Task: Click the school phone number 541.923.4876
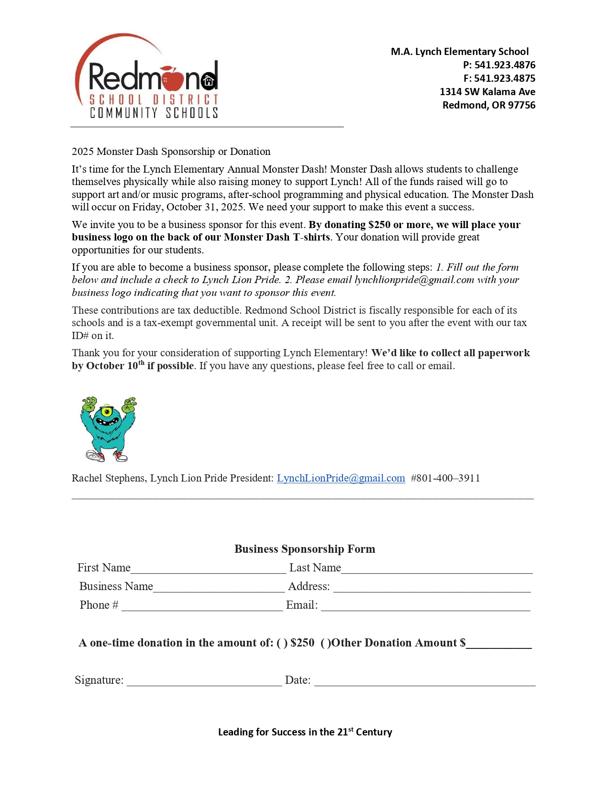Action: pyautogui.click(x=505, y=65)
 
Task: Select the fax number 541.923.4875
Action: pyautogui.click(x=505, y=78)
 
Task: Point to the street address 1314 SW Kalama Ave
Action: pyautogui.click(x=487, y=92)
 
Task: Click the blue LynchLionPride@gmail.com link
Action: pyautogui.click(x=341, y=478)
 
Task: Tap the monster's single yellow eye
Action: pyautogui.click(x=107, y=411)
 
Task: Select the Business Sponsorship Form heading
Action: pyautogui.click(x=305, y=549)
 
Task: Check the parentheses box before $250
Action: pyautogui.click(x=282, y=643)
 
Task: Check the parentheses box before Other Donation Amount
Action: pyautogui.click(x=326, y=643)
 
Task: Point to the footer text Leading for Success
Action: pyautogui.click(x=305, y=732)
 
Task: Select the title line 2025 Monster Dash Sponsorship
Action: pyautogui.click(x=171, y=152)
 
